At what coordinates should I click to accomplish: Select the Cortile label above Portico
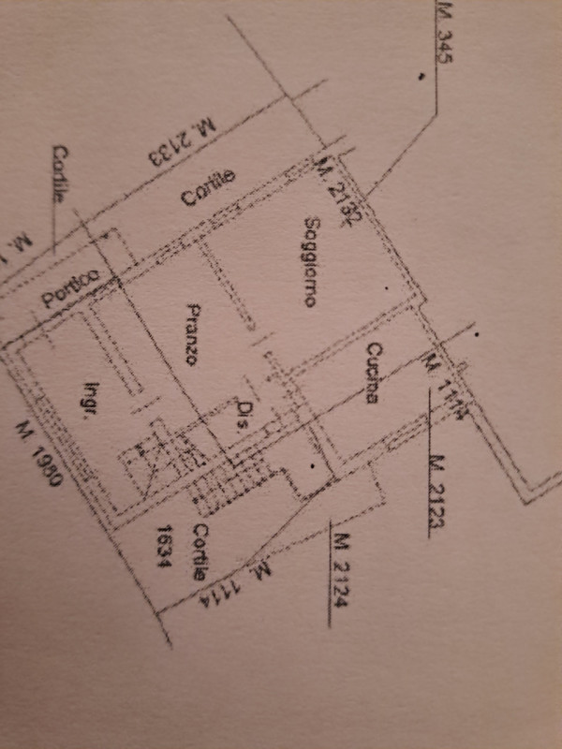pos(60,176)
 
